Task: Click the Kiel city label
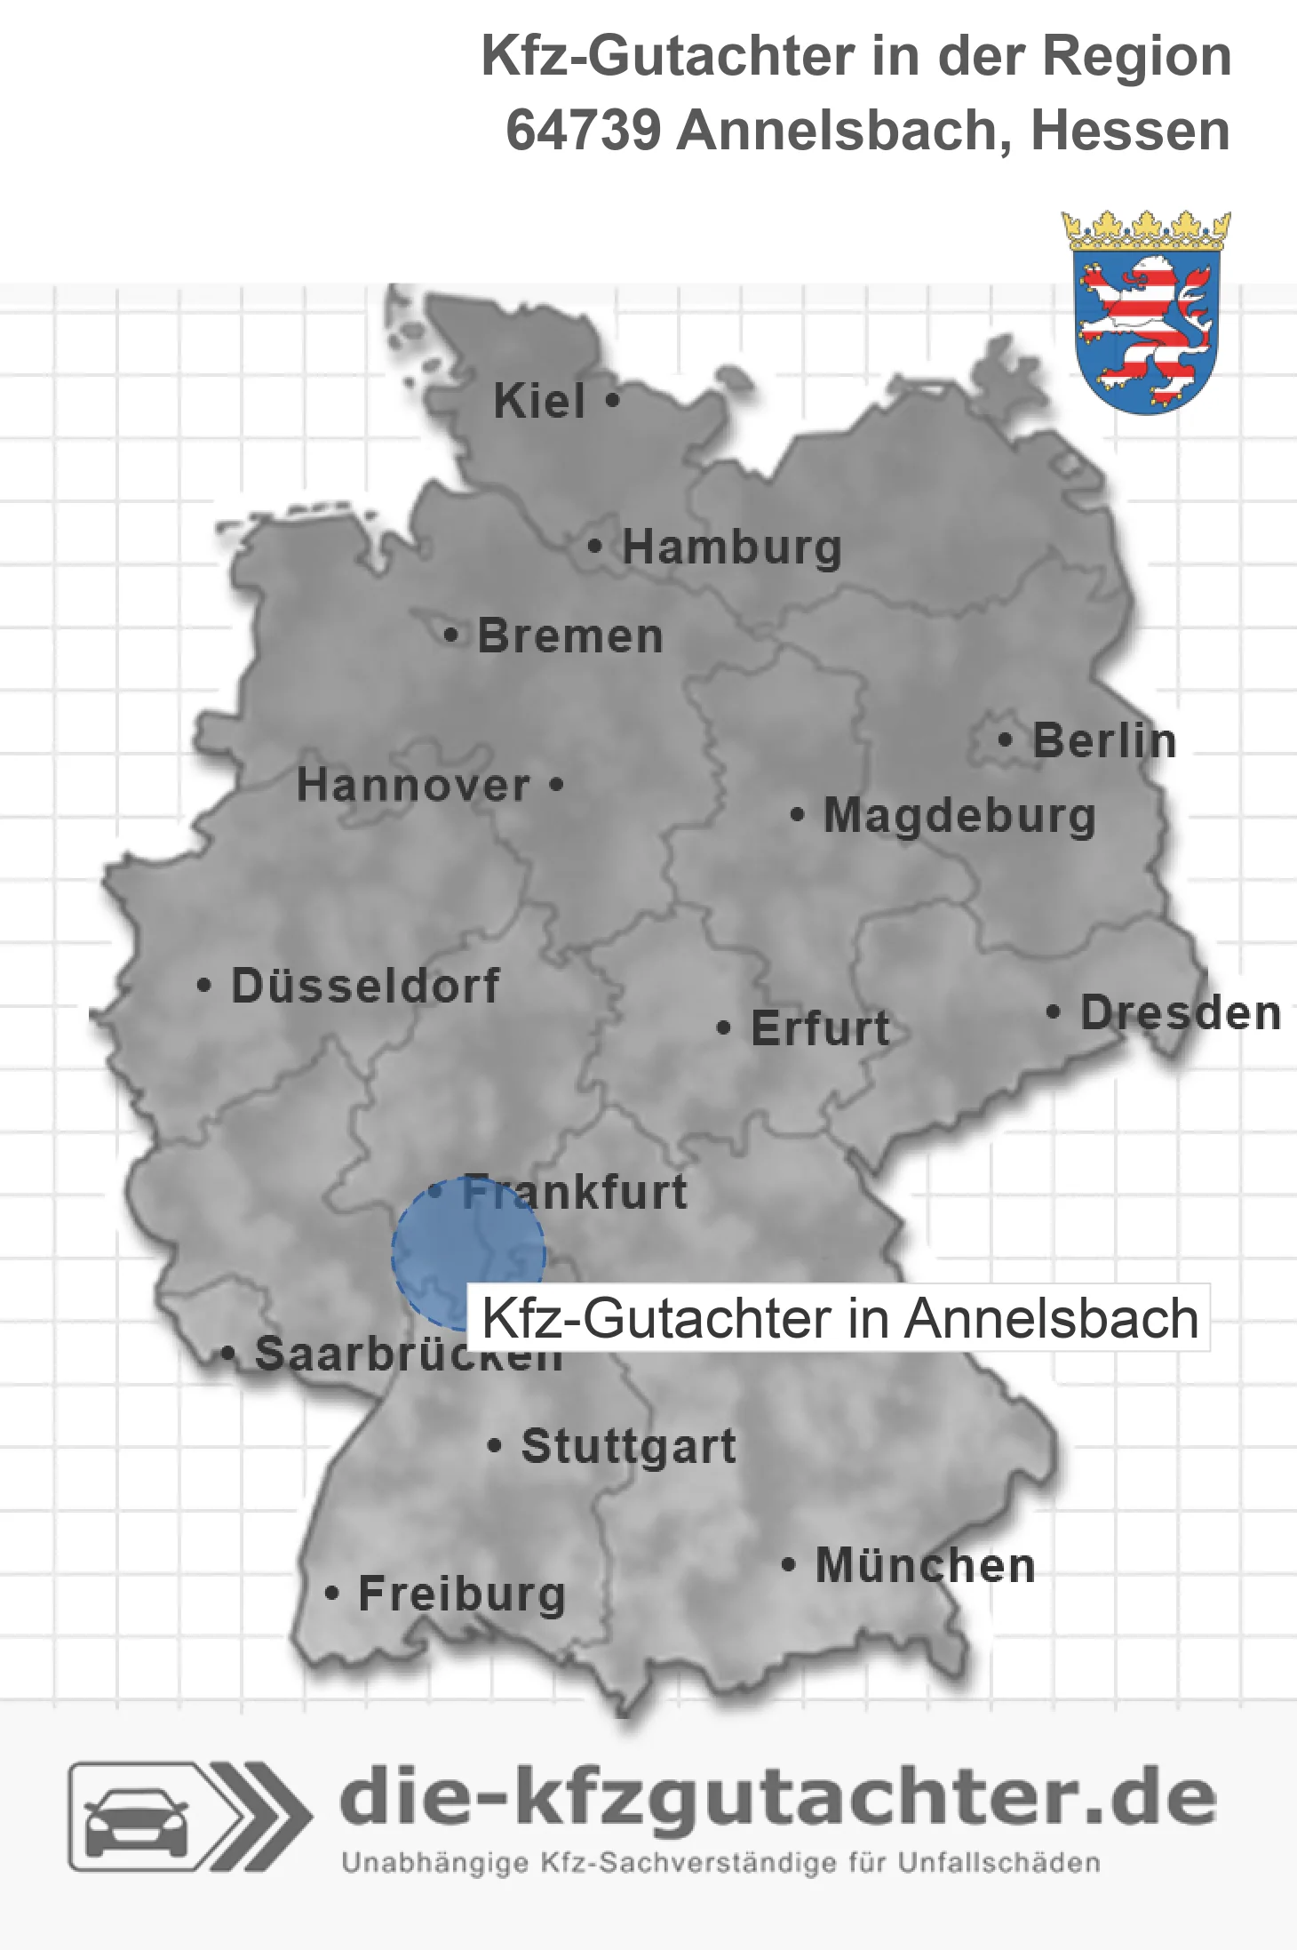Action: [x=539, y=401]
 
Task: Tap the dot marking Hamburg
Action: [x=594, y=547]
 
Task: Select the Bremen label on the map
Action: [x=570, y=636]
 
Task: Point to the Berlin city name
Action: [x=1104, y=740]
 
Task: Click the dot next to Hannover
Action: [x=556, y=785]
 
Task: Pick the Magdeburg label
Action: [x=959, y=816]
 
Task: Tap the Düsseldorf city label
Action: [x=365, y=986]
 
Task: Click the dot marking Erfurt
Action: [x=724, y=1028]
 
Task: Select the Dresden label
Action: [x=1181, y=1012]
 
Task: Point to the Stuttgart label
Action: [x=628, y=1446]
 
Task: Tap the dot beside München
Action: [x=788, y=1564]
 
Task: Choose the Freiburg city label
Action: [x=462, y=1594]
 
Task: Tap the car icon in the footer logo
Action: [x=136, y=1817]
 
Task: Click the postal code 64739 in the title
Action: [x=583, y=131]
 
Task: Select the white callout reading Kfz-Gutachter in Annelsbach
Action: [x=839, y=1318]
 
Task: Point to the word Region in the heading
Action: [x=1137, y=56]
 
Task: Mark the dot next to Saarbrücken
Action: [x=228, y=1354]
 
